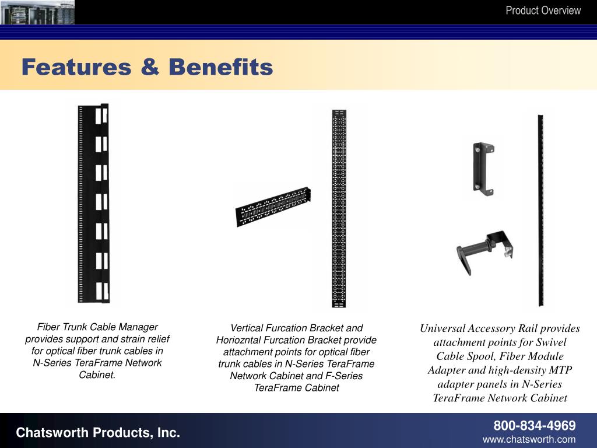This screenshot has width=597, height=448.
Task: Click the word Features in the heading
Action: point(76,67)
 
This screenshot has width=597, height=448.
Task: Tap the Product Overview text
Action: point(543,10)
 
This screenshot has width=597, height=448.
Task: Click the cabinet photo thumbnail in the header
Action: point(37,12)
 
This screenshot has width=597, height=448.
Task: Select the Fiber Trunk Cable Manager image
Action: point(93,204)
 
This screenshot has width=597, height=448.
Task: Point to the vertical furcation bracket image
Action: point(339,208)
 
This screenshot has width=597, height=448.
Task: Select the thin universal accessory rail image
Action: point(540,210)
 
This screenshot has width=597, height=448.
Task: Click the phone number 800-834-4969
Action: point(535,425)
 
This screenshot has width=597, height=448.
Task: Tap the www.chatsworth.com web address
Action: point(529,439)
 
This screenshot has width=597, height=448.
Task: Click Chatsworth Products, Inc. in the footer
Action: point(98,432)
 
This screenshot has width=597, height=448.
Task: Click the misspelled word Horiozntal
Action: point(239,340)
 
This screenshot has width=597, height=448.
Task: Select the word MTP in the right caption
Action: point(561,370)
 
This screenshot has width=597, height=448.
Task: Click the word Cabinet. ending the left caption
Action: point(97,374)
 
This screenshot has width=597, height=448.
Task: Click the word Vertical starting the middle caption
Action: point(248,328)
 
